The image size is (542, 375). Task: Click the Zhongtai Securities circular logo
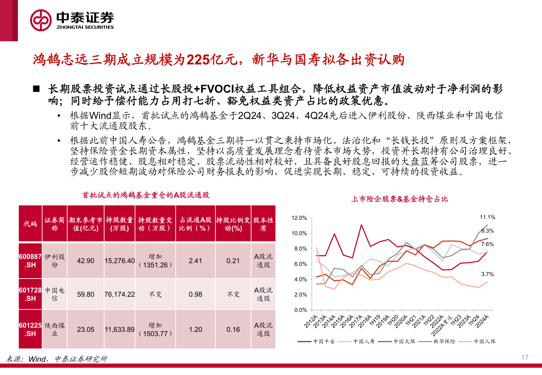tap(41, 20)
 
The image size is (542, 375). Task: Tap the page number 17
tap(525, 357)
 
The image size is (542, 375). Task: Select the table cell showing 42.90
tap(85, 261)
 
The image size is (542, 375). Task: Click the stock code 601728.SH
tap(30, 294)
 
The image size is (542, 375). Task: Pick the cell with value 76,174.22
tap(120, 294)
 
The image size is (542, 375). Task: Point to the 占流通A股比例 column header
tap(195, 224)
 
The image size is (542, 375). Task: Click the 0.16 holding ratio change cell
tap(233, 330)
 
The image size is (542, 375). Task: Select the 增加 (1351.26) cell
tap(155, 261)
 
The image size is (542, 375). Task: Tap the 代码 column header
tap(30, 224)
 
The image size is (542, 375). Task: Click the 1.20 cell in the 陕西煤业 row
tap(195, 330)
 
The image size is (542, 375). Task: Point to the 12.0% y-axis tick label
tap(299, 218)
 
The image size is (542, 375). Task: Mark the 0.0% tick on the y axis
tap(301, 310)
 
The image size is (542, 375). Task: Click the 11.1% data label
tap(487, 217)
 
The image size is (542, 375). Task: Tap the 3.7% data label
tap(487, 274)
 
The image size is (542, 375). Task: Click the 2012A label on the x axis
tap(311, 322)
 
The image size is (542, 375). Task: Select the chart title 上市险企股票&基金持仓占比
tap(399, 199)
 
